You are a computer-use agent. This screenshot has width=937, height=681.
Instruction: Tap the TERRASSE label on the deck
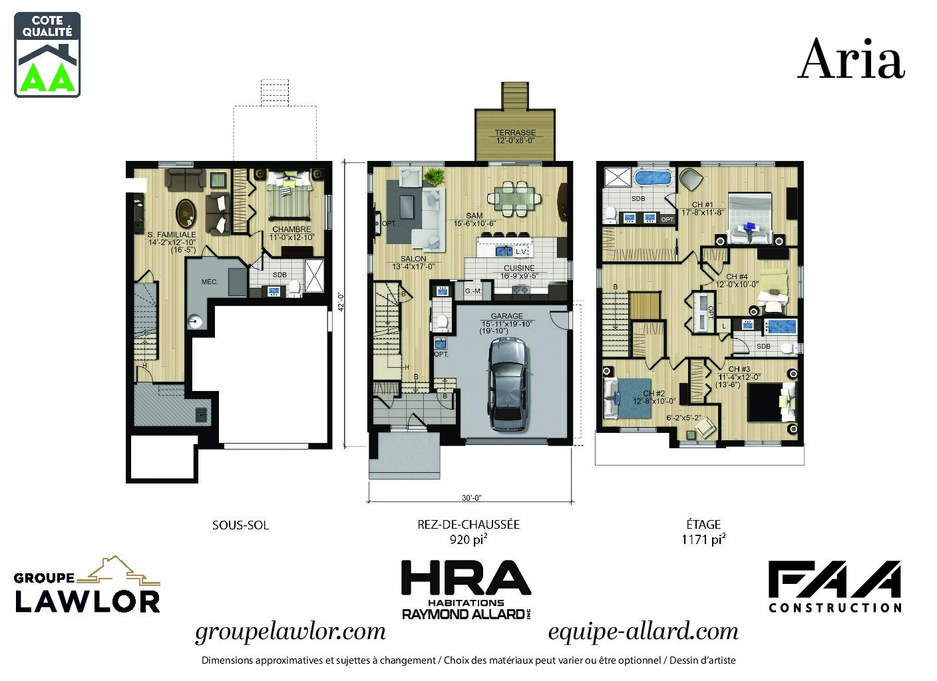coord(515,133)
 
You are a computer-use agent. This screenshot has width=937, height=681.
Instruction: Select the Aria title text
coord(851,59)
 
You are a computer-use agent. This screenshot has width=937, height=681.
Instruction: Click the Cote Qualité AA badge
coord(47,55)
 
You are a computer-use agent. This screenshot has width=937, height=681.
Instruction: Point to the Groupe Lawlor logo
coord(87,585)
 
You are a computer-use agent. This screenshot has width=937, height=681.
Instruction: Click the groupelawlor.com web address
coord(290,631)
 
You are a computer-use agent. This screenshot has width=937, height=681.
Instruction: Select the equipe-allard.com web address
coord(643,631)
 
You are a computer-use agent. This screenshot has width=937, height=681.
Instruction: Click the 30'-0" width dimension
coord(471,497)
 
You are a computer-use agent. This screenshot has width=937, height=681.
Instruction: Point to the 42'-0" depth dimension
coord(341,303)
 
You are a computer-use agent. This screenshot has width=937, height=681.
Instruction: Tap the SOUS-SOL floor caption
coord(240,525)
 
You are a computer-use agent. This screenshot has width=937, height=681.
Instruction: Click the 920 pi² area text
coord(468,539)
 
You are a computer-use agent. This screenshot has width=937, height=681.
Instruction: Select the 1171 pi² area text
coord(703,539)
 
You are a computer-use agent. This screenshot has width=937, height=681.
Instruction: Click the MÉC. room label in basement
coord(210,282)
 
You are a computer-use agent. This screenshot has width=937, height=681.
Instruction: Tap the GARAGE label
coord(506,316)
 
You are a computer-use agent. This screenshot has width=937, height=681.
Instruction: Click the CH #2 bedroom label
coord(654,393)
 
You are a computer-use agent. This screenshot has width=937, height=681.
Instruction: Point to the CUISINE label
coord(519,268)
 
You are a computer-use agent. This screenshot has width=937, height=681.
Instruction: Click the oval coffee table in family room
coord(186,213)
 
